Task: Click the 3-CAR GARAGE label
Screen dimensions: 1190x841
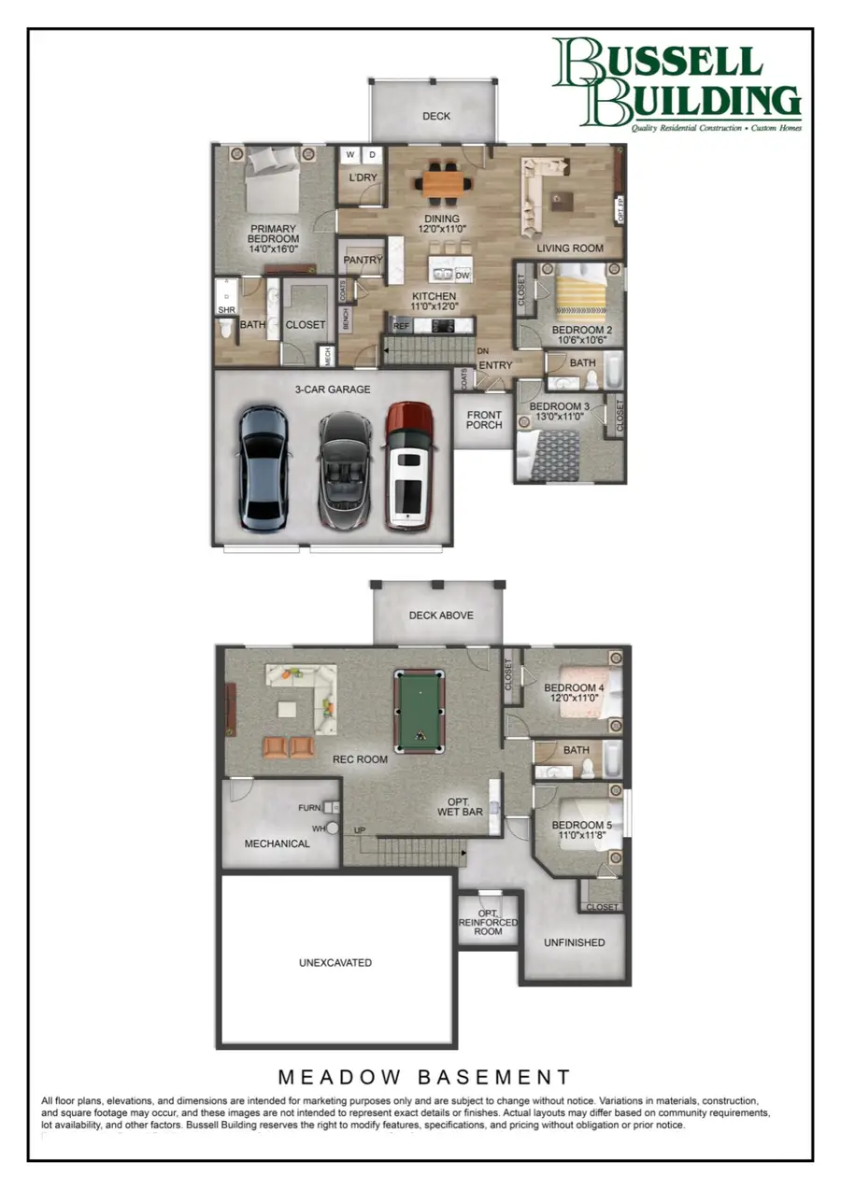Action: [x=334, y=390]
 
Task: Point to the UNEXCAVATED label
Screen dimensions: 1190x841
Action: [x=335, y=962]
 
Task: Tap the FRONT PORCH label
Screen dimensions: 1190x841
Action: [x=484, y=420]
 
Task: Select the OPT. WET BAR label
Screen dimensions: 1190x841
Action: [x=460, y=807]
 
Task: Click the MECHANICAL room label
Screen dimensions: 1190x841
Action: [x=277, y=843]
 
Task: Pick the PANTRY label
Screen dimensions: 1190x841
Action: [x=363, y=260]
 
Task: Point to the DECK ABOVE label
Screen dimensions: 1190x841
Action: [x=441, y=616]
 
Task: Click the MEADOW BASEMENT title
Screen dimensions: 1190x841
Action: [x=423, y=1077]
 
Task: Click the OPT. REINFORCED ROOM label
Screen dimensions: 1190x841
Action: [x=488, y=922]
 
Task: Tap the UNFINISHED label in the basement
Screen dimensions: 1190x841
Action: [x=575, y=942]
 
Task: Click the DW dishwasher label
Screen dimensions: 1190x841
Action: [x=463, y=275]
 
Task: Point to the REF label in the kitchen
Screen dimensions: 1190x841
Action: [x=401, y=326]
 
